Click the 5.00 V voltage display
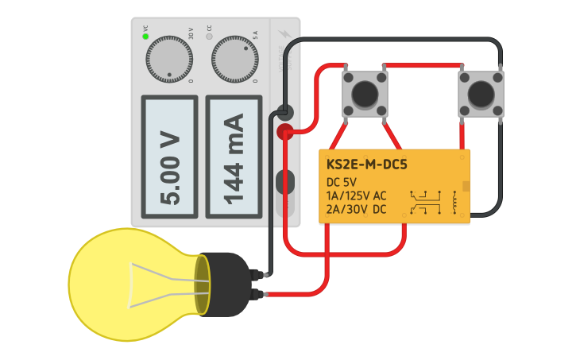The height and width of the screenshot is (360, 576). tap(169, 157)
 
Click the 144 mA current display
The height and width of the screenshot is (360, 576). tap(234, 157)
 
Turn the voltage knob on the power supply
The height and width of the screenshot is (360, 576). tap(169, 59)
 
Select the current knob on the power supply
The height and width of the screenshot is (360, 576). tap(234, 59)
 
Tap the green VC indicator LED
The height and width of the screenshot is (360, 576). tap(146, 37)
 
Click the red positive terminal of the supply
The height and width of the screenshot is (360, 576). tap(284, 133)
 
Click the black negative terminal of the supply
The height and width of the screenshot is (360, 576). tap(284, 113)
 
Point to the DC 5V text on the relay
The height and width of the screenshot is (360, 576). tap(342, 182)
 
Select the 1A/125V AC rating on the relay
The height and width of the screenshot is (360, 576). tap(357, 195)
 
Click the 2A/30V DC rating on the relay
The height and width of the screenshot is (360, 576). tap(357, 209)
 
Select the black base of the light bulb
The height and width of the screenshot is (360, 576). tap(226, 283)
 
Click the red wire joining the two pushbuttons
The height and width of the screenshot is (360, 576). tap(422, 66)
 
